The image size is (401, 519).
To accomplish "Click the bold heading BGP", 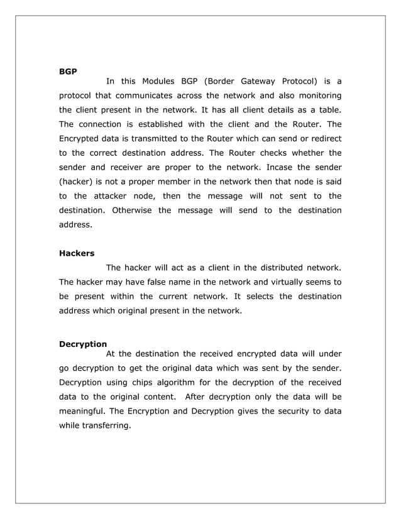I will click(x=68, y=72).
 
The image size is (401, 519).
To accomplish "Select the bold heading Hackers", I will click(x=77, y=254).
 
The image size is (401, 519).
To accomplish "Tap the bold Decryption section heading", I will click(x=82, y=344).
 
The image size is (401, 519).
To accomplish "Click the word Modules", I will click(x=159, y=81).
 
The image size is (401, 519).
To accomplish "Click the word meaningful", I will click(x=82, y=412).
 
